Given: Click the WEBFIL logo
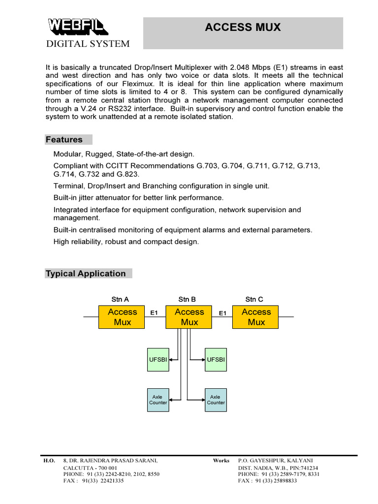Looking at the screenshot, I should [77, 27].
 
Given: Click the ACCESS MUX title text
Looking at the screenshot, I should [243, 28].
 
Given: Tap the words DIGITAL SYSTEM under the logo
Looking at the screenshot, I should [88, 44].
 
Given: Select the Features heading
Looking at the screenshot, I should [64, 139].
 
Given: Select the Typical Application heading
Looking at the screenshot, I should [86, 274].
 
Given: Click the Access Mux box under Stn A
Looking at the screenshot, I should [122, 317].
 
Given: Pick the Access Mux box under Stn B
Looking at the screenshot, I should [189, 317].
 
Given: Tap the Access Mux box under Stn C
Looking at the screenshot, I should [256, 317].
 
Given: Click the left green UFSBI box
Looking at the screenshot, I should [158, 360].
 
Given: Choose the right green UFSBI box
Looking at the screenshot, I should [216, 360].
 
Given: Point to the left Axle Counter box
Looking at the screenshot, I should [158, 400].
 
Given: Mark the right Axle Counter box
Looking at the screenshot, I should [216, 400].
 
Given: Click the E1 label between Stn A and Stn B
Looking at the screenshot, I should [154, 313].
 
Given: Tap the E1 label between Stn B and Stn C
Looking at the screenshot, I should [222, 313].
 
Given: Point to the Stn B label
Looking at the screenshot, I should [187, 299].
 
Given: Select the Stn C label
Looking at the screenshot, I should [254, 299].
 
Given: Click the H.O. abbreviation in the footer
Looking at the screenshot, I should [49, 461].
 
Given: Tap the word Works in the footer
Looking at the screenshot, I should [221, 461].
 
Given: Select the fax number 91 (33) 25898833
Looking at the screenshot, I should [276, 481].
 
